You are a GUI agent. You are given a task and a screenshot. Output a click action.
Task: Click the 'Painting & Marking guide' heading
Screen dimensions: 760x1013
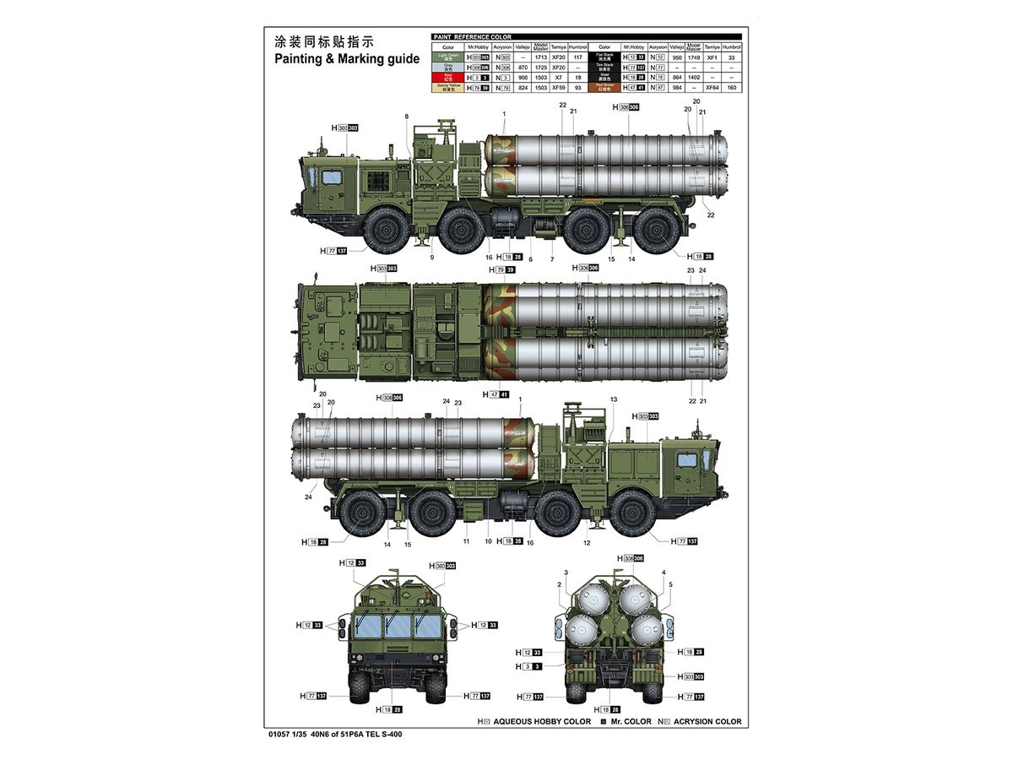(x=346, y=59)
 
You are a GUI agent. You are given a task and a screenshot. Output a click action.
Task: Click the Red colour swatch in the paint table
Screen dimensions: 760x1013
(x=448, y=77)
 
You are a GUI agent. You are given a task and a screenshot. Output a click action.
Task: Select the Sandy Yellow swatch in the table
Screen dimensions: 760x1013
(x=448, y=87)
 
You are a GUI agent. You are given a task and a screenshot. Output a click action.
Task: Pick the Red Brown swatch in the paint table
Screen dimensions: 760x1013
(x=604, y=87)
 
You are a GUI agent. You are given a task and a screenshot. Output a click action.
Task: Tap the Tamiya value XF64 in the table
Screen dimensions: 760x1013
(x=713, y=87)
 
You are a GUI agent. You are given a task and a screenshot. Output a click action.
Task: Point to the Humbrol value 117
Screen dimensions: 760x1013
(x=578, y=57)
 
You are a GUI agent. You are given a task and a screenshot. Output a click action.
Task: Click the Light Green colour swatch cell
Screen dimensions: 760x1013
(x=448, y=57)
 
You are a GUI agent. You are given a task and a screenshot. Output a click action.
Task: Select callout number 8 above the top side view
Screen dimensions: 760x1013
(x=406, y=117)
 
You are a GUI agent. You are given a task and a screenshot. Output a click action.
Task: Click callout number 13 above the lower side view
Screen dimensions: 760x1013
(x=614, y=399)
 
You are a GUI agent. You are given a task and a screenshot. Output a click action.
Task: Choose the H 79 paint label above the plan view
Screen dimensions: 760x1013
(x=502, y=269)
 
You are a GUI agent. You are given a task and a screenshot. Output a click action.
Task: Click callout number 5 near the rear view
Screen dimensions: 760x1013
(x=670, y=584)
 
